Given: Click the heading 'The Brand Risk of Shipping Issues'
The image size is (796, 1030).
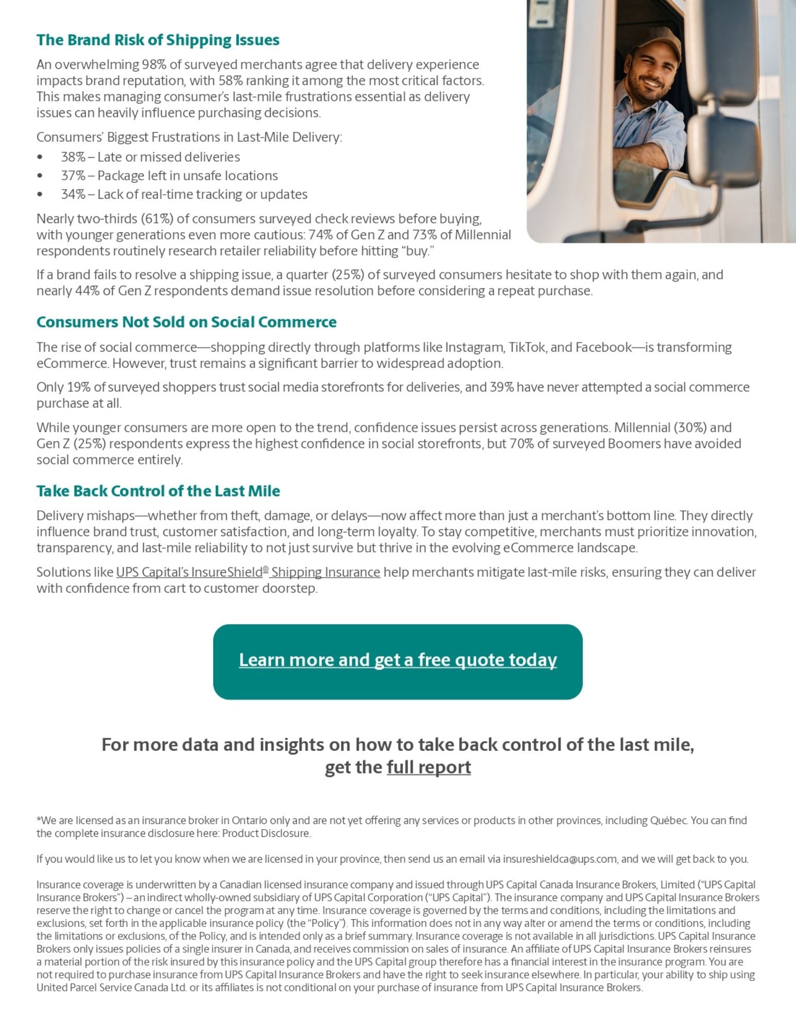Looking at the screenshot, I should pos(158,40).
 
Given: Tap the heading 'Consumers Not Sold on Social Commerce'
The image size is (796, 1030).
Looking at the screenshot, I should pos(186,322).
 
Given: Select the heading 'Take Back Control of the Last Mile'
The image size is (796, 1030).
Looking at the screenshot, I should pos(158,491).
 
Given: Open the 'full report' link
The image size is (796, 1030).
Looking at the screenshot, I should pos(429,767).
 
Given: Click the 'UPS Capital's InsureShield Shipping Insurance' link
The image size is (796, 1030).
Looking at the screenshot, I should pos(248,572).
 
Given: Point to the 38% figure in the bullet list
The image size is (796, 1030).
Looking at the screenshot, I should pos(73,157).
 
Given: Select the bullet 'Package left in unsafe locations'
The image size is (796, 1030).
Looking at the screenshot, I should pos(188,176).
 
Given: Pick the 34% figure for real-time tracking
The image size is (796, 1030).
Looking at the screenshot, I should pos(73,194).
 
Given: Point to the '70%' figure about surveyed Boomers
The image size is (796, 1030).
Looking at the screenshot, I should pos(521,443).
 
